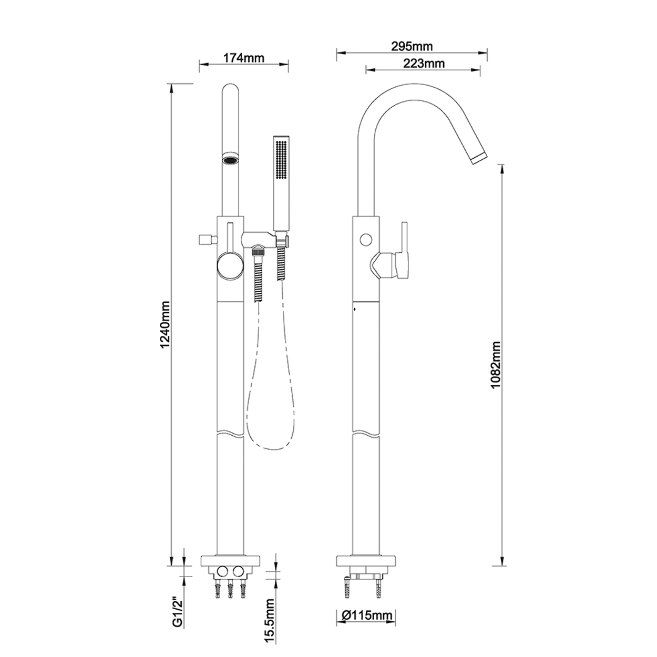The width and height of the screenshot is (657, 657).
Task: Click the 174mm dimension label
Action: point(243,58)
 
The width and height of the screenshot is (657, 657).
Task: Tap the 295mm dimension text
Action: point(412,46)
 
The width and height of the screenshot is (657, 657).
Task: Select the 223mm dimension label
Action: point(424,64)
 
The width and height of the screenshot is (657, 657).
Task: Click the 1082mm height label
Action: point(495,364)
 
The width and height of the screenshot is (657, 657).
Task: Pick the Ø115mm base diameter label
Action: point(366,615)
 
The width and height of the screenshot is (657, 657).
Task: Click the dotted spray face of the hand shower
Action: point(282,160)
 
